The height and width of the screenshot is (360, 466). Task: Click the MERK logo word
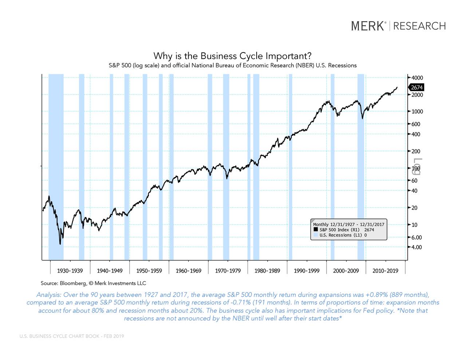368,26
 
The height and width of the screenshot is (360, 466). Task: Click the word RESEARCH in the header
419,26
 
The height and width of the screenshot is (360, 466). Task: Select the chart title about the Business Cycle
232,56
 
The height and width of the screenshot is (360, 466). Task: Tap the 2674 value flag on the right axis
416,87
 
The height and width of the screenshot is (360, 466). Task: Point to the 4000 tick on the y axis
417,78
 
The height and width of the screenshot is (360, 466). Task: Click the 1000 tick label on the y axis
417,112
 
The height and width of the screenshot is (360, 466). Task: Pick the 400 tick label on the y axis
416,134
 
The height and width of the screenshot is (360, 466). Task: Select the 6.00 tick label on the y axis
416,237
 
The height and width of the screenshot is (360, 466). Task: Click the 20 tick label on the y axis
414,208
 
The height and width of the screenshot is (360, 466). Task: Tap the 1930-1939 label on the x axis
70,271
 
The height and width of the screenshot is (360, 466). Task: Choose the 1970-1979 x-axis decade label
228,271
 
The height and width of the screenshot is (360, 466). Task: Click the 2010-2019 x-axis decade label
385,271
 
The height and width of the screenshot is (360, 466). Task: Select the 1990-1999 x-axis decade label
307,271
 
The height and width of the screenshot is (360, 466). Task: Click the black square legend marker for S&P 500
316,230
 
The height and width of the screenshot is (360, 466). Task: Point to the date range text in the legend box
348,224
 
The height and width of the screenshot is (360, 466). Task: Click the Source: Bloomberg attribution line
93,283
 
